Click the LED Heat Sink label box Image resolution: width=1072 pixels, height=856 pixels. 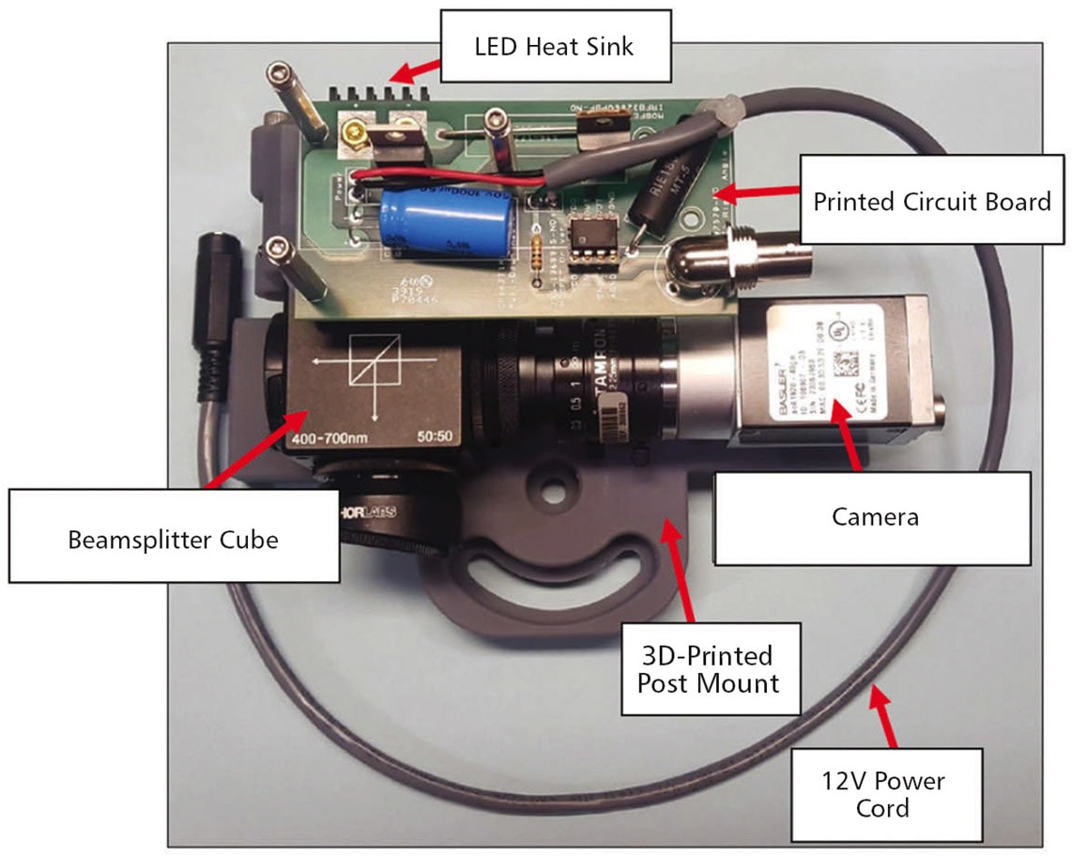pos(554,45)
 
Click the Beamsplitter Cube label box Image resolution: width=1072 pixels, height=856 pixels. pos(173,540)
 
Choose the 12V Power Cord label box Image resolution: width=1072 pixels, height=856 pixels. pos(886,793)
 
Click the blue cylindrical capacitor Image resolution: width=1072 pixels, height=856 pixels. pos(445,222)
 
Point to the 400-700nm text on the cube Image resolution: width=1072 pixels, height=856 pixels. pos(323,439)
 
